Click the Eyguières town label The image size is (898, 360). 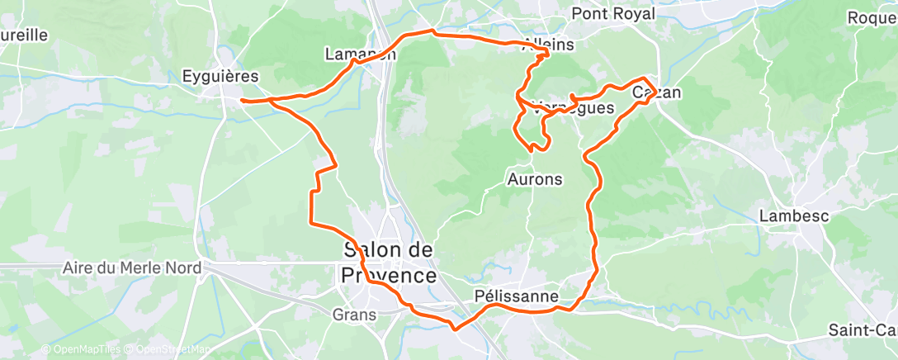pyautogui.click(x=220, y=77)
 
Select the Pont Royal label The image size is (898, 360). pyautogui.click(x=613, y=14)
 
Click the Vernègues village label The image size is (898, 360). pyautogui.click(x=572, y=107)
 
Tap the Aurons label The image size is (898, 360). pyautogui.click(x=534, y=179)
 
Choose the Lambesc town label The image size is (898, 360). pyautogui.click(x=794, y=216)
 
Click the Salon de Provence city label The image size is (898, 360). pyautogui.click(x=389, y=263)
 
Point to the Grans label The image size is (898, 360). pyautogui.click(x=355, y=315)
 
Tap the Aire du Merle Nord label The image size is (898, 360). pyautogui.click(x=132, y=269)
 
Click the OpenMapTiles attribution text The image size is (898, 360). pyautogui.click(x=81, y=350)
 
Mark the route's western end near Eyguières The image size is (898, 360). pyautogui.click(x=242, y=101)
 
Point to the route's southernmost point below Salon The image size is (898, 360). pyautogui.click(x=453, y=326)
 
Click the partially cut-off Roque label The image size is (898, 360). pyautogui.click(x=872, y=17)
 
